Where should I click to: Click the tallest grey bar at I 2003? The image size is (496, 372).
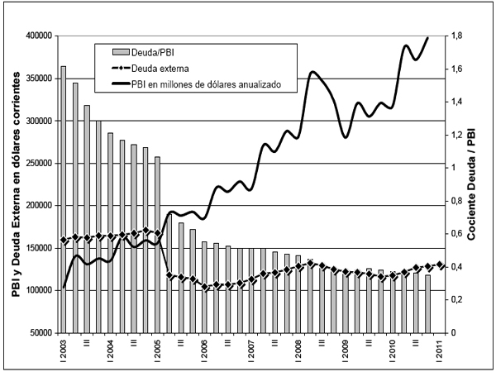point(64,198)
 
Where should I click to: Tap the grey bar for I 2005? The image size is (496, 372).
point(157,244)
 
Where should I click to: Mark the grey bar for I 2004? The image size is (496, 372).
point(111,231)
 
